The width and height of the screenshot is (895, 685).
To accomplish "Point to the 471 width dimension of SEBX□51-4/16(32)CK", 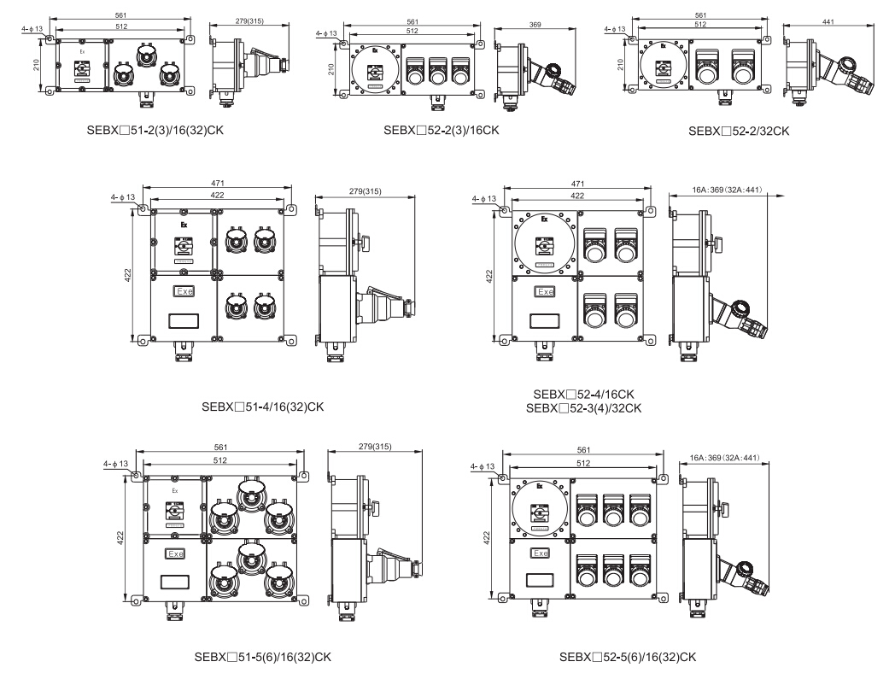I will [217, 183].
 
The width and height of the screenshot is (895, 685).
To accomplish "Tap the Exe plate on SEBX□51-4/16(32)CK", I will [184, 291].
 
